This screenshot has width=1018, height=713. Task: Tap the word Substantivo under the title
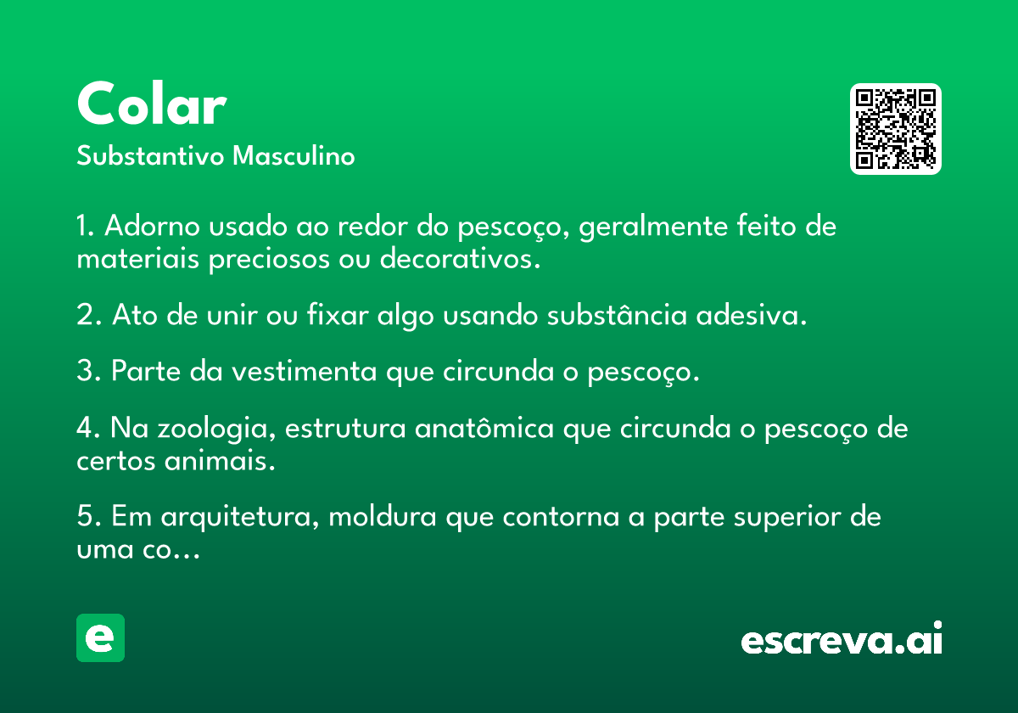150,155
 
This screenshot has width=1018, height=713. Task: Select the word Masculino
294,155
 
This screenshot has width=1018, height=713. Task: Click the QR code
895,129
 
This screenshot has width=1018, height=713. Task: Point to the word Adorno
152,226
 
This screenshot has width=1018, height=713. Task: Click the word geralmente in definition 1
653,227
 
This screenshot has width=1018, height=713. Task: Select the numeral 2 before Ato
85,314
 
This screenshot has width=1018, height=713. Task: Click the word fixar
338,314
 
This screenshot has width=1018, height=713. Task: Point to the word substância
617,314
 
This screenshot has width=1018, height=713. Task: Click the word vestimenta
304,371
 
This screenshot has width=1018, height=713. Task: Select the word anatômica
484,428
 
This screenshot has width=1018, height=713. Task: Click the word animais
220,460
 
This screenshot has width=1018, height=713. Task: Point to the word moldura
383,517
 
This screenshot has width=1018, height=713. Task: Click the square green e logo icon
100,637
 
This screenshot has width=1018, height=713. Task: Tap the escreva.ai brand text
842,637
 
